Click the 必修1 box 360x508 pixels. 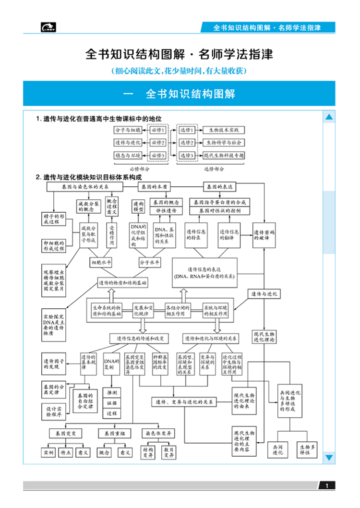158,130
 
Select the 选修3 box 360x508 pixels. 187,156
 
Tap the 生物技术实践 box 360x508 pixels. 224,130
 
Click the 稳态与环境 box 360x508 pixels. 127,156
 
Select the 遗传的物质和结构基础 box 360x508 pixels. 123,282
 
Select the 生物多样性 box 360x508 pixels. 308,450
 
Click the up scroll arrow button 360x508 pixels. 329,117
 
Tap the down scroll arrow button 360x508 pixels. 329,457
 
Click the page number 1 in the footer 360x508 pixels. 326,486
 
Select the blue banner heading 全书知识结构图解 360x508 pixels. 180,94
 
